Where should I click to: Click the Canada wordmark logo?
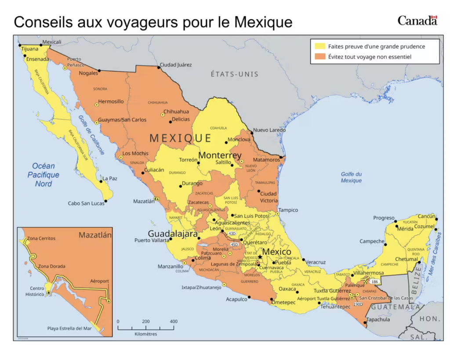click(x=417, y=20)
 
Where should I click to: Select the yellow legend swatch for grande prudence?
click(x=319, y=46)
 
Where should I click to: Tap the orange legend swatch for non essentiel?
click(x=319, y=57)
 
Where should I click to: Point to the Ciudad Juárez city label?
click(x=175, y=65)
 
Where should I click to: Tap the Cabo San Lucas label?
click(x=86, y=204)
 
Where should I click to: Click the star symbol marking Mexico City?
click(x=260, y=257)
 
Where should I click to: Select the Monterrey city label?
click(x=220, y=156)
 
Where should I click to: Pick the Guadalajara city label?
click(x=173, y=234)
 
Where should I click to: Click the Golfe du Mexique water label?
click(x=351, y=177)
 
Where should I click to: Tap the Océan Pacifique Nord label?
click(x=44, y=175)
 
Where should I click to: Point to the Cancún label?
click(x=426, y=216)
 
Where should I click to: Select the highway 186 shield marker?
click(x=374, y=281)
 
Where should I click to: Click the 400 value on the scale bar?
click(x=174, y=321)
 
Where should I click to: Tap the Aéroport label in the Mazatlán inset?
click(x=99, y=281)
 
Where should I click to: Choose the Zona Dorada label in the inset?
click(x=51, y=266)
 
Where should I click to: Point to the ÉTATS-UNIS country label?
click(x=234, y=74)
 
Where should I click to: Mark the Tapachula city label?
click(x=378, y=320)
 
